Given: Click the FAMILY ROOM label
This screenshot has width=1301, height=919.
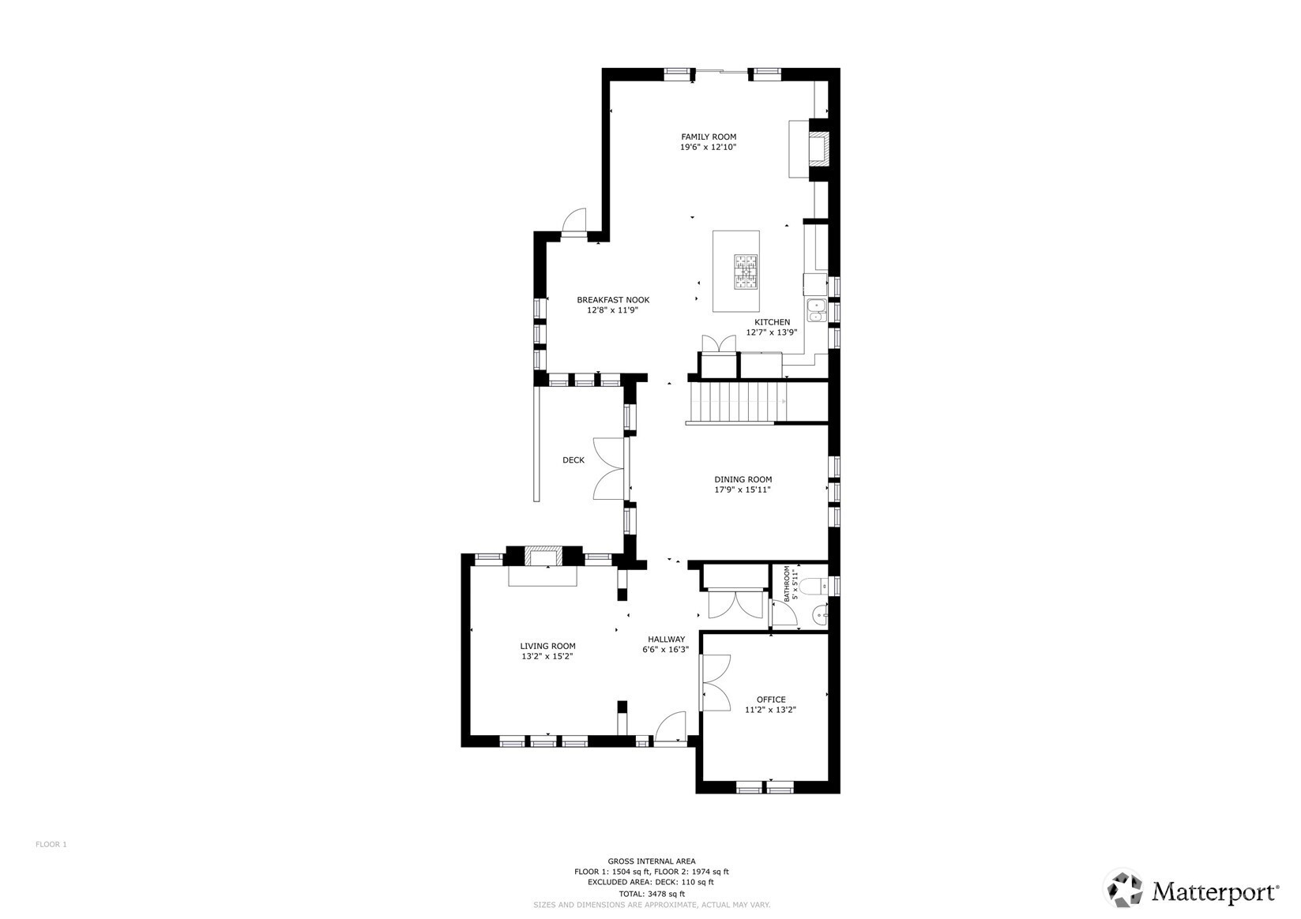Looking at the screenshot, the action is point(709,137).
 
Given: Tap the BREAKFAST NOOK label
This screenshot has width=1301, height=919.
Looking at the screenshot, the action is point(613,300).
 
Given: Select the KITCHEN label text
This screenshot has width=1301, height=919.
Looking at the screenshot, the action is point(772,322).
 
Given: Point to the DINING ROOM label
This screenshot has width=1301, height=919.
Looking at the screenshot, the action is point(743,479).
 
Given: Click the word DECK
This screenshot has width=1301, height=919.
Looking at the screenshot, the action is point(573,459).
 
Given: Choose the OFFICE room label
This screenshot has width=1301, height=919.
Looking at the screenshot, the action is point(771,700).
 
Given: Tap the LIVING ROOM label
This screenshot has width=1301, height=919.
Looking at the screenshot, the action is point(547,646).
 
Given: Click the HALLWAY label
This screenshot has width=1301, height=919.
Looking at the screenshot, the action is point(666,640).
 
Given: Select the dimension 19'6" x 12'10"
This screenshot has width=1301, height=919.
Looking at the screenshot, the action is point(709,148).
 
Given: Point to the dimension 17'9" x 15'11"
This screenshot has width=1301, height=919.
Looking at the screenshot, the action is point(743,490).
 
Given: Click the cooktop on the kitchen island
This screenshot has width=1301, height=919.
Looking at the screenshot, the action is point(746,272).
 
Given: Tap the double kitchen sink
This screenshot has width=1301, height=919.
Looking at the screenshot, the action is point(816,310).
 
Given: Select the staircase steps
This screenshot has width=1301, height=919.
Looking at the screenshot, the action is point(736,402).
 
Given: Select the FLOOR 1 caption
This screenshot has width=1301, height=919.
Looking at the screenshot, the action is point(51,844).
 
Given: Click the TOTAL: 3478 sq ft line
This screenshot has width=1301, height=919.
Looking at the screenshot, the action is point(652,894).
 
